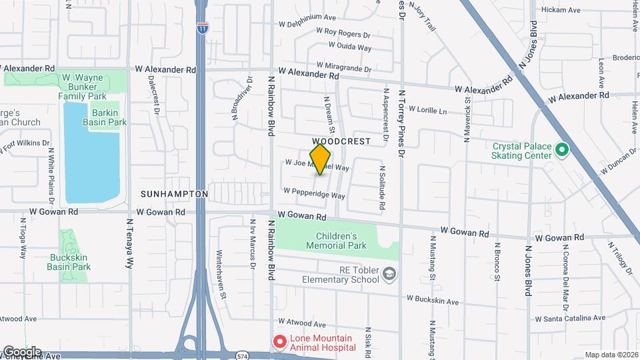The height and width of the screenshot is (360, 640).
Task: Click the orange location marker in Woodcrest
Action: tap(321, 159)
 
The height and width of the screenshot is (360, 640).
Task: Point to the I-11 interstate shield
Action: tap(202, 27)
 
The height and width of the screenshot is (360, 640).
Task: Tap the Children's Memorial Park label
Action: tap(337, 241)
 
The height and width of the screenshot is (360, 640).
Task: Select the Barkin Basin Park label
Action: tap(105, 117)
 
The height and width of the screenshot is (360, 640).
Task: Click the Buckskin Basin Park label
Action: tap(69, 262)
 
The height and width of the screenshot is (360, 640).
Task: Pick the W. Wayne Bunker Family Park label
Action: tap(82, 87)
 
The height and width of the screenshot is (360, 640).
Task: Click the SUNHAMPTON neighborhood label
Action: tap(175, 194)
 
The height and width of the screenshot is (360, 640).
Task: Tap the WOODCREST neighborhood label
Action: tap(341, 142)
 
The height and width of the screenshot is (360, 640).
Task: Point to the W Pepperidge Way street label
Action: tap(314, 193)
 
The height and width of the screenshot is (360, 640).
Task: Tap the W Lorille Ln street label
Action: tap(427, 109)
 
